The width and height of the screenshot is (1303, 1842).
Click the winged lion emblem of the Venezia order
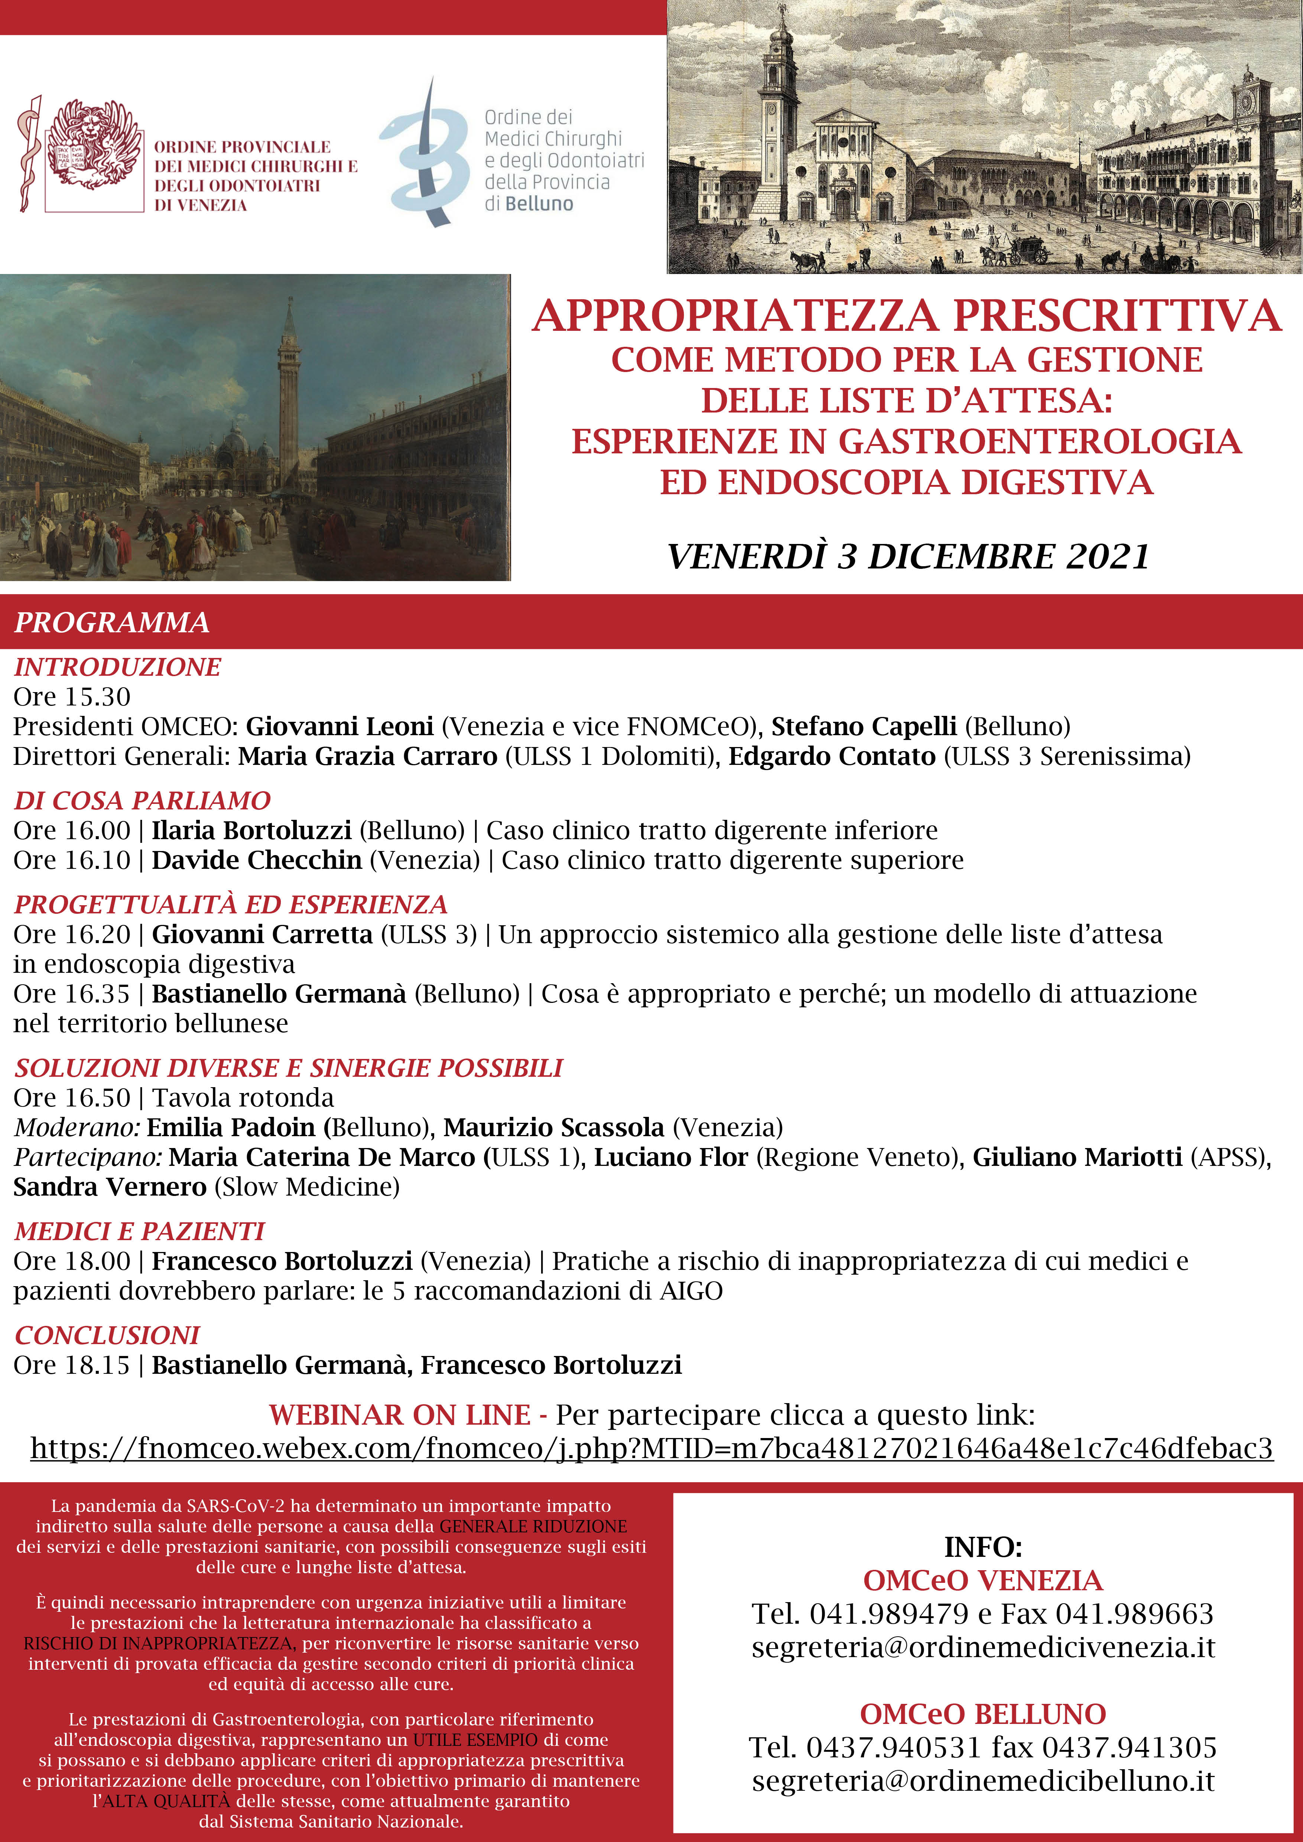pyautogui.click(x=92, y=144)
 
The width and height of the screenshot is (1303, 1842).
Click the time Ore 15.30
pyautogui.click(x=72, y=697)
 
